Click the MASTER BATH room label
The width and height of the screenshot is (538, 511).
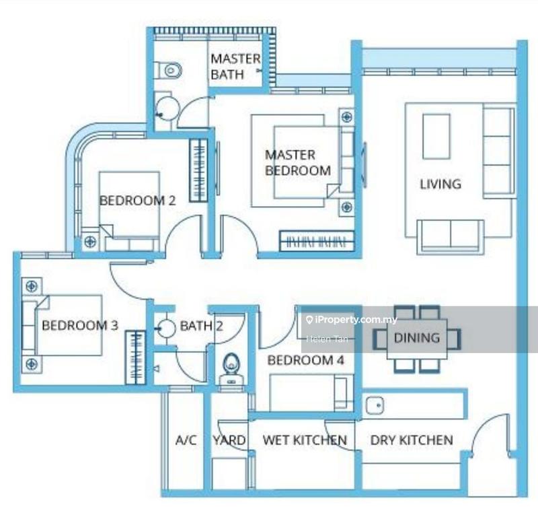point(235,67)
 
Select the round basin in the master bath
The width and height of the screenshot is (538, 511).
point(167,108)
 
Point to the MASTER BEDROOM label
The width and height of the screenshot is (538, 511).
point(298,163)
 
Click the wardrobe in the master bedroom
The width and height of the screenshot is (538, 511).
point(317,241)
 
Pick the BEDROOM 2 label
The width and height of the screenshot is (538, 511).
point(138,201)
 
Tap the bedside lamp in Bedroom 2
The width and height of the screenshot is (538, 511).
point(90,242)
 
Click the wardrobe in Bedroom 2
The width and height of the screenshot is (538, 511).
point(198,170)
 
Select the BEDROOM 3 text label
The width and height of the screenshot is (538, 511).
point(80,325)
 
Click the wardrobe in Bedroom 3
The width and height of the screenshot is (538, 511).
point(135,357)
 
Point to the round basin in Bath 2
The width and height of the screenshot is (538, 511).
point(167,329)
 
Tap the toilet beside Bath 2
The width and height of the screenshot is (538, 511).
point(231,370)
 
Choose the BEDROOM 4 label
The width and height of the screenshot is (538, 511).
point(306,360)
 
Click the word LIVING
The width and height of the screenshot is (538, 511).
point(440,184)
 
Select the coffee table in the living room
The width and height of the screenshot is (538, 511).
point(436,137)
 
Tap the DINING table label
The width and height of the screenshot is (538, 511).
point(417,338)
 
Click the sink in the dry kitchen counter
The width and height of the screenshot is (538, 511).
point(375,405)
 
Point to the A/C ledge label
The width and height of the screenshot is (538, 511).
point(186,440)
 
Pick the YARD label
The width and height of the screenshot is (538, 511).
point(229,440)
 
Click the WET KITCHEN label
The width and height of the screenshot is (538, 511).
point(305,440)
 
